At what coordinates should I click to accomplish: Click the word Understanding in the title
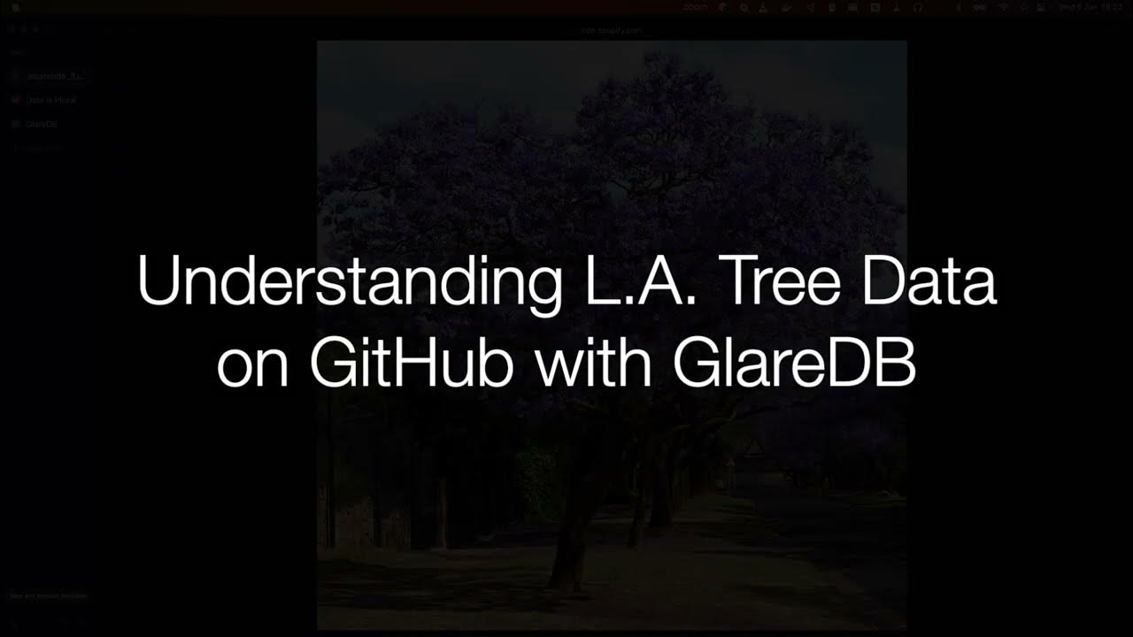pos(349,281)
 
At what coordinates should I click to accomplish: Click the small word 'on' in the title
pos(252,365)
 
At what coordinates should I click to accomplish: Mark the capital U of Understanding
pos(158,282)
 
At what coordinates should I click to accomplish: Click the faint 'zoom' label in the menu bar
pos(694,7)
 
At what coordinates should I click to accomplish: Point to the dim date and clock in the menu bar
pos(1091,7)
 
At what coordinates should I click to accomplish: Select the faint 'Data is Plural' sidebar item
pos(50,100)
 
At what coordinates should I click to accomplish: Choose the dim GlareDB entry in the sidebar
pos(42,124)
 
